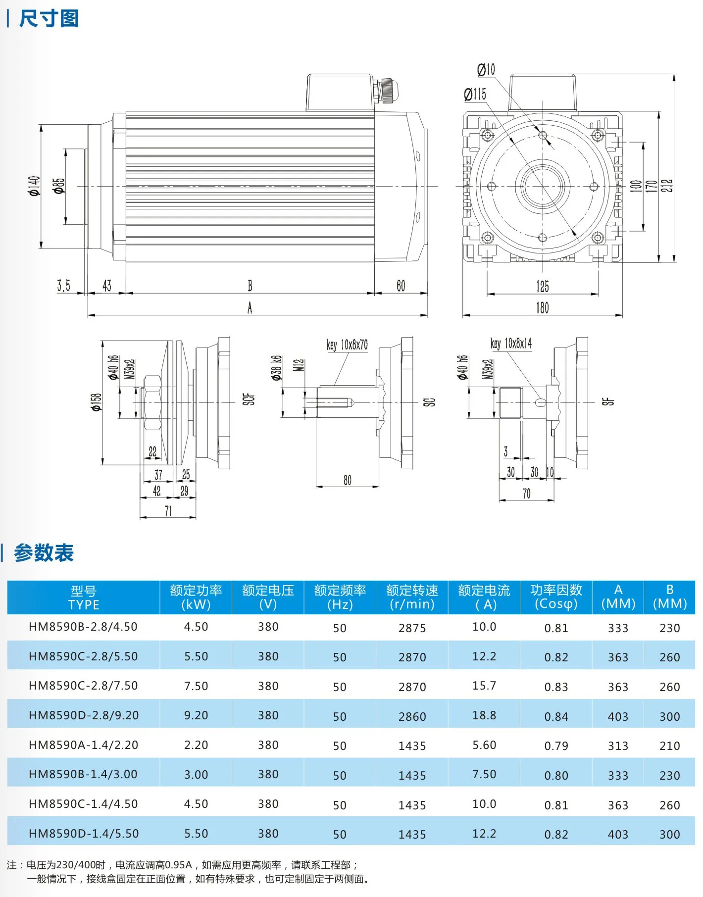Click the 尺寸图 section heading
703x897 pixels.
(49, 19)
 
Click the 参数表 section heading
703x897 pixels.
(44, 553)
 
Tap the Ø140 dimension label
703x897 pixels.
(34, 186)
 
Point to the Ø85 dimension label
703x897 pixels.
(59, 186)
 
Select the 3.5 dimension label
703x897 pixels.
(63, 286)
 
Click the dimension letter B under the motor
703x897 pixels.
(250, 286)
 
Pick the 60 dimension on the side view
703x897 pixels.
(401, 286)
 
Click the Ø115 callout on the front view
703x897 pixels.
(475, 94)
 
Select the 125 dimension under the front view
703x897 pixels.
(542, 286)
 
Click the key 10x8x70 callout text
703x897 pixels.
(347, 345)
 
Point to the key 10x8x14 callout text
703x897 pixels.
(511, 343)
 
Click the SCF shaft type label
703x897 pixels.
(249, 399)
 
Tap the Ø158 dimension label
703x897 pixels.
(96, 402)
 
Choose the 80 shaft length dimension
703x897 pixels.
(348, 480)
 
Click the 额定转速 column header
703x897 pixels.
(412, 597)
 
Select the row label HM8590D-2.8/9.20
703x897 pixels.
(84, 715)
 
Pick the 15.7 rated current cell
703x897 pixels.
(484, 686)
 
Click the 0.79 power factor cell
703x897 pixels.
(556, 746)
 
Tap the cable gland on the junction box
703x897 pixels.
(387, 90)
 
